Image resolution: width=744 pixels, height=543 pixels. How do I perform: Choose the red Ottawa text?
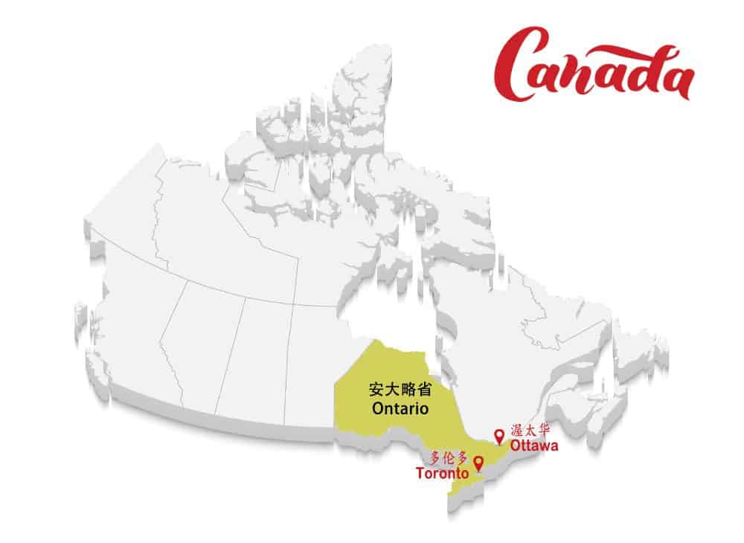pyautogui.click(x=533, y=446)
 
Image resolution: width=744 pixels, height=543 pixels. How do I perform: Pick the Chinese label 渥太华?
pyautogui.click(x=530, y=431)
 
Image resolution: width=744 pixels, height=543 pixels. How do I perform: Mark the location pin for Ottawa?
pyautogui.click(x=498, y=434)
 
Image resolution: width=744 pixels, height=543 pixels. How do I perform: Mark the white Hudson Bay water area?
pyautogui.click(x=387, y=312)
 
